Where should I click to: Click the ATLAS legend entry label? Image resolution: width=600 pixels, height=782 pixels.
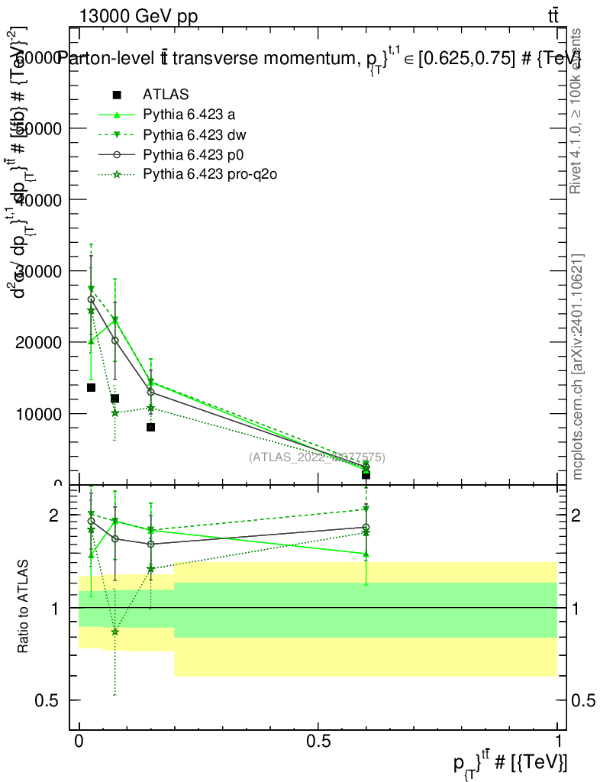(166, 95)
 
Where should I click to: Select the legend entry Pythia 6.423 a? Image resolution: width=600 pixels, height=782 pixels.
(188, 115)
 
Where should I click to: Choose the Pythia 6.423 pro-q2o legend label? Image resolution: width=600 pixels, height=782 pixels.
(209, 175)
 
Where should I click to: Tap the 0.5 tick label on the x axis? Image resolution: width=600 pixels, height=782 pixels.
(318, 742)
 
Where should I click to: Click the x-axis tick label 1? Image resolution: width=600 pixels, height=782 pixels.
(558, 742)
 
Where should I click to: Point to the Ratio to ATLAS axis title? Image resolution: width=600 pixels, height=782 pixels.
(24, 607)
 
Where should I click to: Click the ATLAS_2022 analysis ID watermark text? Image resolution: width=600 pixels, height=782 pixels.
(317, 457)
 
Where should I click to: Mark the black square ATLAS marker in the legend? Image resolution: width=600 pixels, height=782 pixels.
(117, 95)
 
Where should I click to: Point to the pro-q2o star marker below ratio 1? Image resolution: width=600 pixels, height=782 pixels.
(115, 632)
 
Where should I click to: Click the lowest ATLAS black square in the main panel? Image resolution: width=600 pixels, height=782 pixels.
(366, 474)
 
